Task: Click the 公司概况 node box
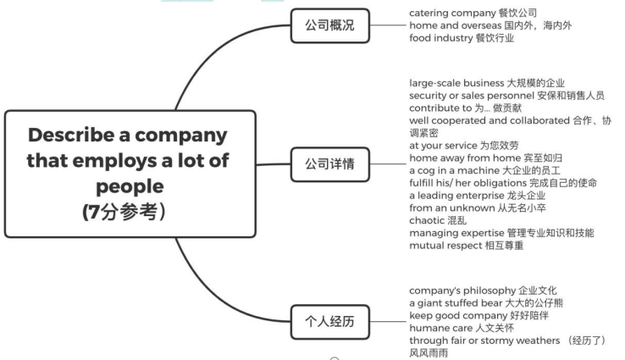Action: [330, 25]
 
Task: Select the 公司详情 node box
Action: [330, 163]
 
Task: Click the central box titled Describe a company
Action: [130, 173]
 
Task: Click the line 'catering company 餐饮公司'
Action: [473, 14]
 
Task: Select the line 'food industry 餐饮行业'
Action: [462, 38]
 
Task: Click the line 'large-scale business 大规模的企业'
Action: [486, 83]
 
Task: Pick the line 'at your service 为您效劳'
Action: [459, 146]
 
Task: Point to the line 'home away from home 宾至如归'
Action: [473, 158]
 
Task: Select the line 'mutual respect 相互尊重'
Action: [466, 246]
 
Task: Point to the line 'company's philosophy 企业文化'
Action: [483, 291]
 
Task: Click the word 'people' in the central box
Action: [129, 186]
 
